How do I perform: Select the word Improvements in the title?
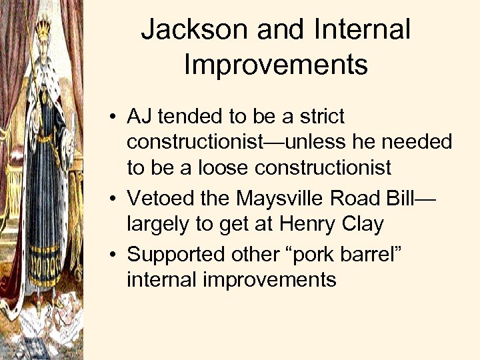(x=275, y=65)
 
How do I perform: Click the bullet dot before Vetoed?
(x=116, y=199)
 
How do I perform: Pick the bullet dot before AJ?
(x=116, y=117)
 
